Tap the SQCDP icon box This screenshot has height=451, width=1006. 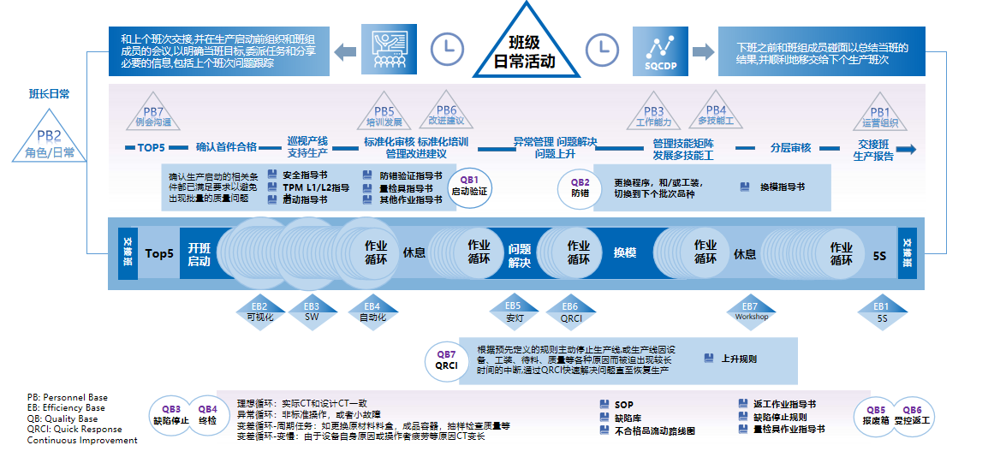click(660, 50)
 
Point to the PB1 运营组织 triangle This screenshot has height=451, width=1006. click(879, 117)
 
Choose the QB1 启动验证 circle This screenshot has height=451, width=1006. click(469, 186)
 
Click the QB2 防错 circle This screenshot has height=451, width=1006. click(580, 187)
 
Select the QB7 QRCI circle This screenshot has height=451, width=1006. click(446, 359)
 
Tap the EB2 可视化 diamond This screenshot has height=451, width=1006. click(259, 311)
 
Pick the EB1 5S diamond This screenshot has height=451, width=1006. click(882, 311)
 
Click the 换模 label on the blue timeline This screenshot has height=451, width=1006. click(625, 254)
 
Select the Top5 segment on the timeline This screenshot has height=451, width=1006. click(159, 254)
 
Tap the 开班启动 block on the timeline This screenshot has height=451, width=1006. click(199, 254)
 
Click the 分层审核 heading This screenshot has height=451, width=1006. click(790, 147)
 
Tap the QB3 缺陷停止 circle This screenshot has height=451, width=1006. click(168, 415)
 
